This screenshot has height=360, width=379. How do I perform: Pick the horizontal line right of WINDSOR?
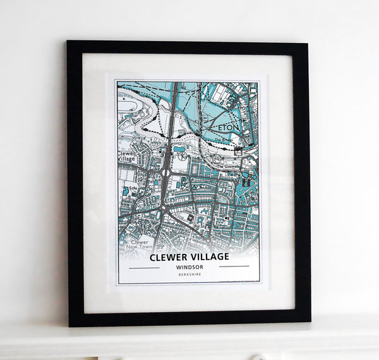234,267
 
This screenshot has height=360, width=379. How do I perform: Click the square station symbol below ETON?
239,151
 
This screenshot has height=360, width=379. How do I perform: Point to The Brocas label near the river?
224,140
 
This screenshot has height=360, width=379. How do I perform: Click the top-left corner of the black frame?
68,42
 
